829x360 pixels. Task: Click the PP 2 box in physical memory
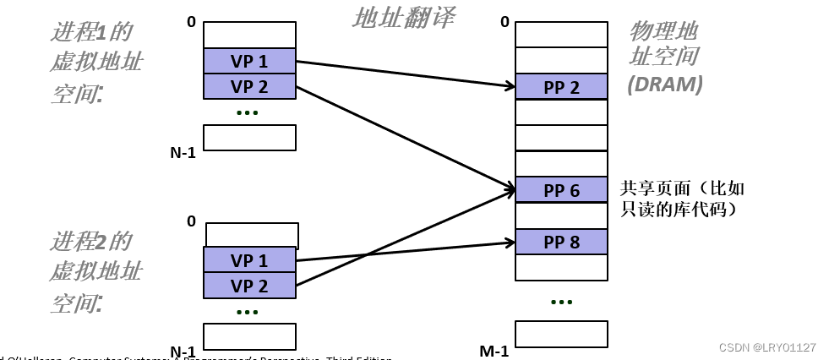(561, 87)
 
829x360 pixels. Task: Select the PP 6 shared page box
(561, 190)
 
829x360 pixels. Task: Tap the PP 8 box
(561, 242)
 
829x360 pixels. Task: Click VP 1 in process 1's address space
(249, 61)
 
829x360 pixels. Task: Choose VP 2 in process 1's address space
(249, 86)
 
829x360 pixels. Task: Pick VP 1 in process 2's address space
(249, 259)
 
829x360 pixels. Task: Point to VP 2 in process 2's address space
(249, 286)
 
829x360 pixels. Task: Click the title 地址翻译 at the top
(402, 16)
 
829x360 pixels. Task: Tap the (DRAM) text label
(664, 84)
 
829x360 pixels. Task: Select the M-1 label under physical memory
(494, 351)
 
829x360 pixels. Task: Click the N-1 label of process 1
(183, 153)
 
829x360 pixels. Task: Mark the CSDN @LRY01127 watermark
(766, 347)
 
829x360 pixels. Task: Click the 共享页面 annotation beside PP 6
(683, 188)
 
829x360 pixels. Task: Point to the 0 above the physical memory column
(504, 22)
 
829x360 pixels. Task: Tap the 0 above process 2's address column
(191, 221)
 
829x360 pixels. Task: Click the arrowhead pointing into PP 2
(510, 85)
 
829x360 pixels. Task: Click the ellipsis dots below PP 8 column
(561, 302)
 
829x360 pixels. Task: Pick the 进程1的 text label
(91, 32)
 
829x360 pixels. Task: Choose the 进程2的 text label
(91, 242)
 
